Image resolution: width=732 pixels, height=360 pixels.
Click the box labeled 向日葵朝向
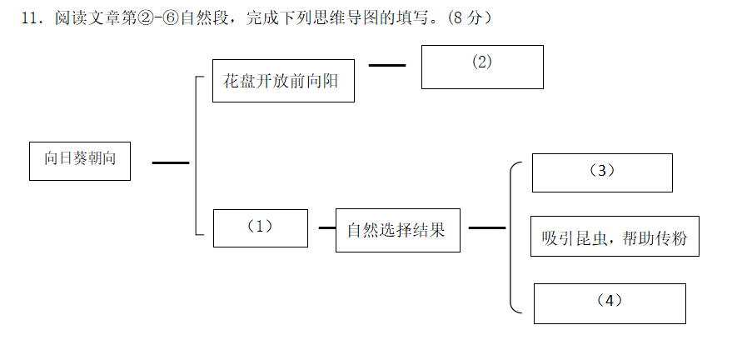pos(80,160)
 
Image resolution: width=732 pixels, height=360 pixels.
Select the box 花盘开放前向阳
pos(283,81)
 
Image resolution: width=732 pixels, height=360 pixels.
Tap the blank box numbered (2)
pos(482,67)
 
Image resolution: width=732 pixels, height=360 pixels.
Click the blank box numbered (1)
pos(261,227)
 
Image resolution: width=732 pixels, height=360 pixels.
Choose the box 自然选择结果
pos(397,230)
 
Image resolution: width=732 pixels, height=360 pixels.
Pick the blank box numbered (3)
pos(602,172)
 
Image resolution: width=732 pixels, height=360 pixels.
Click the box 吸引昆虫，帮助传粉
pos(615,236)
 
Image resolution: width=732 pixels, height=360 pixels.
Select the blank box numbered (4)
pos(610,303)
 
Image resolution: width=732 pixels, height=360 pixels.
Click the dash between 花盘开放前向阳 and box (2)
pos(387,64)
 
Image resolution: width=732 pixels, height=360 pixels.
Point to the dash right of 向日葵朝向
pos(171,163)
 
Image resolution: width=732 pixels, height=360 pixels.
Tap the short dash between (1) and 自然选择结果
pos(327,227)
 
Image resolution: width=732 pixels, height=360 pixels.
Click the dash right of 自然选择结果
pos(487,227)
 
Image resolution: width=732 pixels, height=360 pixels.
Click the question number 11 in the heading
pos(31,18)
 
